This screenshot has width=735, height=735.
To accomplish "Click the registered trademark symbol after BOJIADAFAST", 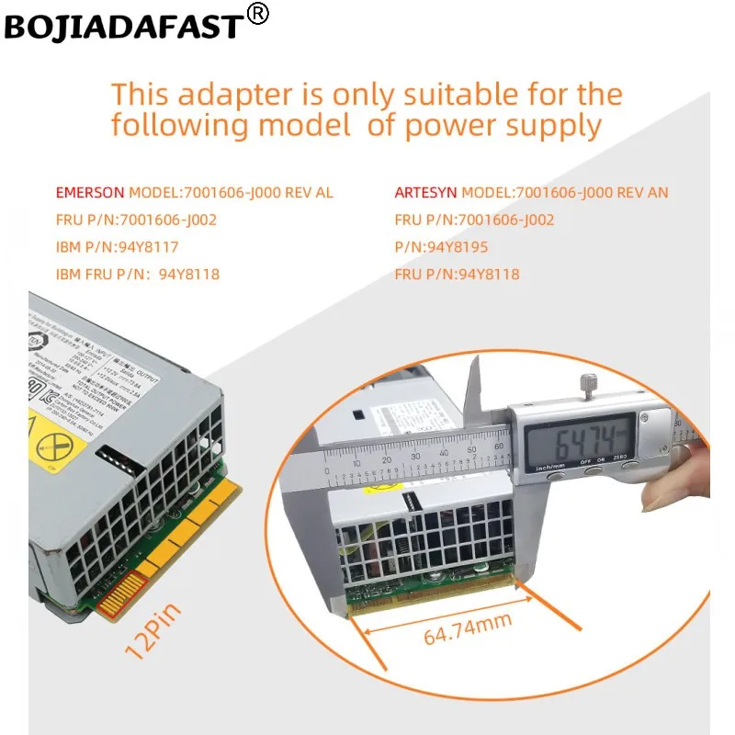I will pyautogui.click(x=259, y=15).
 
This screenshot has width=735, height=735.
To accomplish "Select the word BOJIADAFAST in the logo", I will pyautogui.click(x=124, y=28).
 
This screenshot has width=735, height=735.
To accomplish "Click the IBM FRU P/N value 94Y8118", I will pyautogui.click(x=189, y=274).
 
